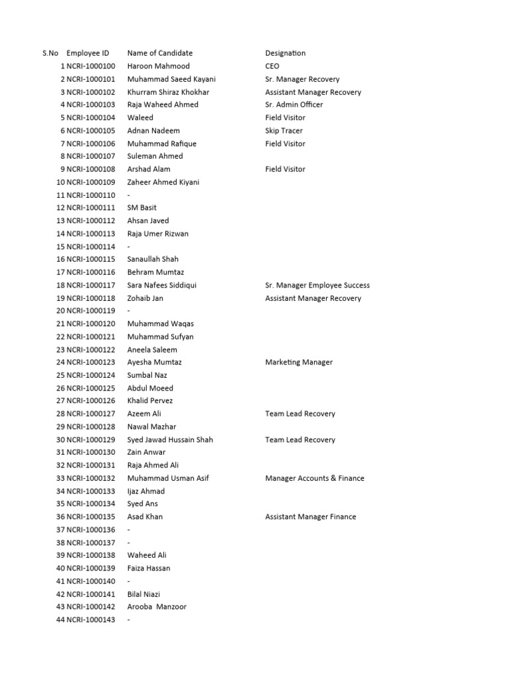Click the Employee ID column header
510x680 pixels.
click(x=88, y=53)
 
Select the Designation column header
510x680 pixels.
click(x=286, y=53)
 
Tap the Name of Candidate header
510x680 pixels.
click(x=160, y=53)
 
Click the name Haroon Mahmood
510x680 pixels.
click(x=158, y=66)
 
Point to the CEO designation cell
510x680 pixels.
click(x=272, y=66)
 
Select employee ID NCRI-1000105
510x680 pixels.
click(x=91, y=131)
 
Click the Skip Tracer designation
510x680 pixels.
click(x=284, y=131)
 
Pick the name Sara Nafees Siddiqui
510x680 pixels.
click(x=162, y=286)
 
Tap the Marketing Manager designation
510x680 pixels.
click(x=299, y=363)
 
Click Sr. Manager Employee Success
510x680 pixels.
click(x=317, y=286)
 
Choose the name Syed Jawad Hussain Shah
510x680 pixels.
click(x=170, y=440)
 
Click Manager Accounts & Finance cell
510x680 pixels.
click(x=315, y=478)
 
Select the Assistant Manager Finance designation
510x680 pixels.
click(x=311, y=517)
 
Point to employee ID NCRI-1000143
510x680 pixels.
click(x=91, y=620)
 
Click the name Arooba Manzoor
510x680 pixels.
click(x=158, y=607)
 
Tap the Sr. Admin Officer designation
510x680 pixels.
click(x=294, y=105)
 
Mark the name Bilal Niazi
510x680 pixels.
click(x=143, y=594)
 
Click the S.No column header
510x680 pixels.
click(x=50, y=53)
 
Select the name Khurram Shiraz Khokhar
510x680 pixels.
click(x=168, y=92)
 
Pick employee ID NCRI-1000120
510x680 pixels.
click(x=91, y=324)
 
